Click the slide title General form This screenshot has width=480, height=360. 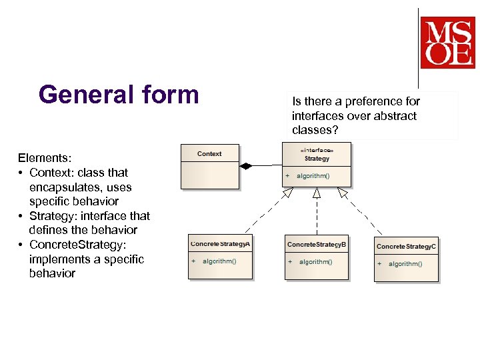[119, 94]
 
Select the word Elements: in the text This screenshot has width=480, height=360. [45, 159]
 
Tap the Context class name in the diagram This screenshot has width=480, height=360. [209, 154]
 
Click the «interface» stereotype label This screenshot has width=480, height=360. [317, 151]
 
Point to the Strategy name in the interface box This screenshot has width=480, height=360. [317, 159]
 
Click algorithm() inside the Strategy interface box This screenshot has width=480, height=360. [313, 176]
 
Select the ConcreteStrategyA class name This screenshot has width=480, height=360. [221, 244]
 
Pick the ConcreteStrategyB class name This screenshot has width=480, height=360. [317, 245]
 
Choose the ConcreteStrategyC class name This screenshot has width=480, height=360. [406, 247]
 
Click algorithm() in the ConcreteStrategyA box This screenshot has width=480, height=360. [219, 261]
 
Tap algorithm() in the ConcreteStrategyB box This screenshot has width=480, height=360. [315, 262]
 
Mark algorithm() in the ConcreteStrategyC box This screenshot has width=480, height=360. [405, 264]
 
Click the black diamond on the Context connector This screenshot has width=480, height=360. [247, 166]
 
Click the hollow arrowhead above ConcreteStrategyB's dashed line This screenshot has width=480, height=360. [317, 193]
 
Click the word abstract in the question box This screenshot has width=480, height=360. [396, 116]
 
